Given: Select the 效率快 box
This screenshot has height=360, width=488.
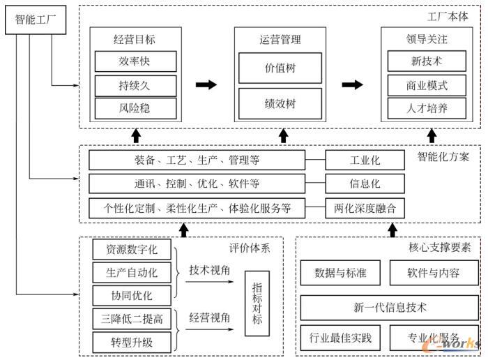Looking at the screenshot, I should [x=133, y=61].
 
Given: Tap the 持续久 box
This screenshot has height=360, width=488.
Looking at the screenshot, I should [x=133, y=85].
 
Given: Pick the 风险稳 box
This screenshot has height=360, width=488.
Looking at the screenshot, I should [x=133, y=108].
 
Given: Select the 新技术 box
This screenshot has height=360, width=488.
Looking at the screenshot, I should [x=427, y=61].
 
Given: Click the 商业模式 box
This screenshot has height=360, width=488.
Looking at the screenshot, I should [x=427, y=85].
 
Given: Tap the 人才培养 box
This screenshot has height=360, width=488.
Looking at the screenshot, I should [x=427, y=108].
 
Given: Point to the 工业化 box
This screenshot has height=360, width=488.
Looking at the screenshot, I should [x=365, y=161].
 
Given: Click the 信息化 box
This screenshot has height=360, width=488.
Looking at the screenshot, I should [x=365, y=184].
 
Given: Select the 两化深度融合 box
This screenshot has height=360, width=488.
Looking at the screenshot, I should [x=365, y=207].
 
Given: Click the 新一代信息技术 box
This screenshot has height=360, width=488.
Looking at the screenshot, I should [x=389, y=307].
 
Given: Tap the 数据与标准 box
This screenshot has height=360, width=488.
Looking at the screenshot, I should [x=341, y=273].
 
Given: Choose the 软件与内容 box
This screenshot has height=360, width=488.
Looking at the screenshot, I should [x=434, y=273].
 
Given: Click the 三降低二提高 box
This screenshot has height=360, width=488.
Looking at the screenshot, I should [x=132, y=319].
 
